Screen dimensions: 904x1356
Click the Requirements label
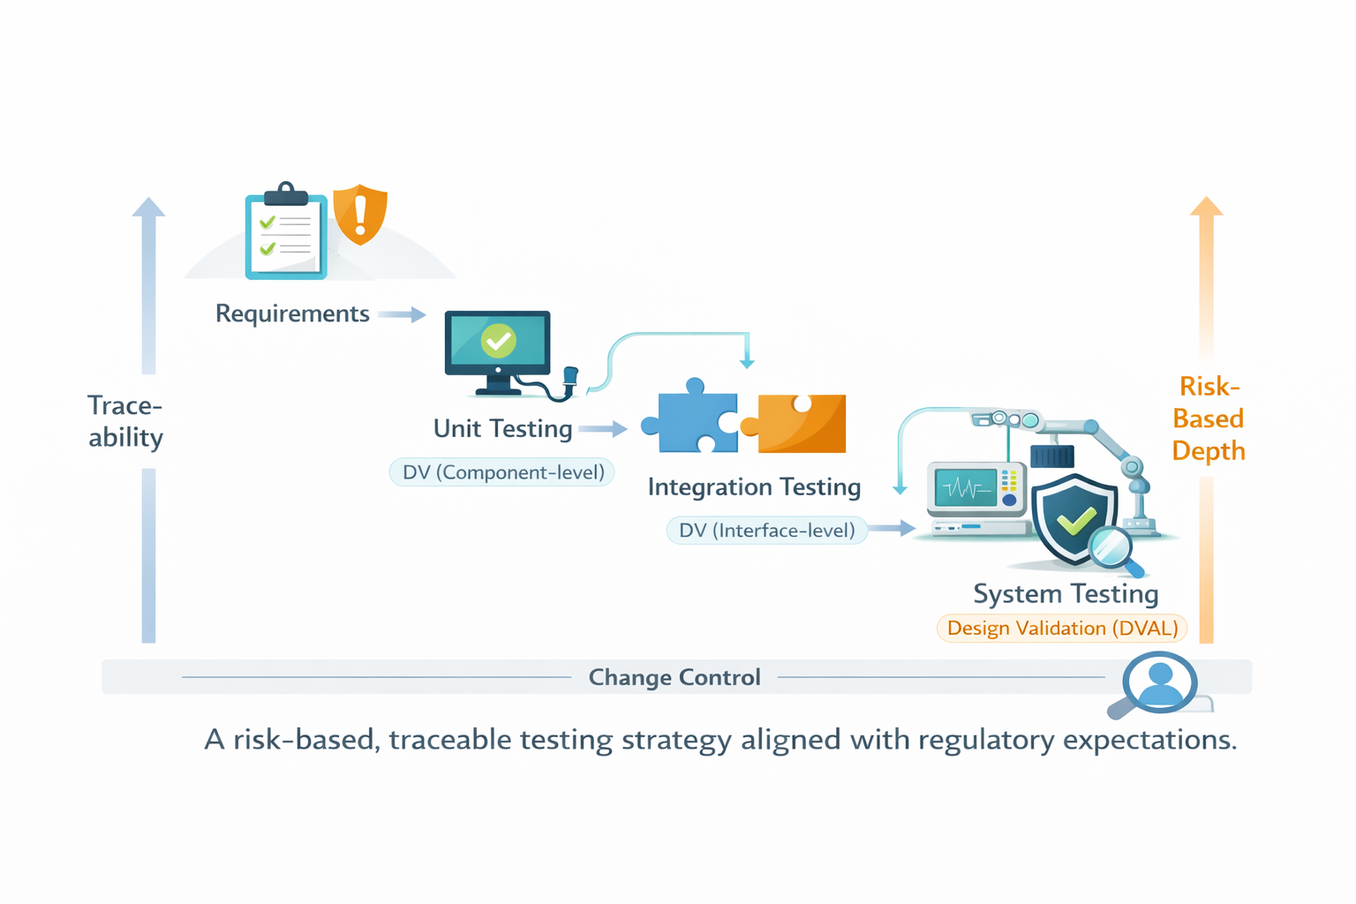click(292, 314)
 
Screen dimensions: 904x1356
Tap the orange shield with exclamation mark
click(360, 215)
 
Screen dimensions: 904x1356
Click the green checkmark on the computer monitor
click(498, 341)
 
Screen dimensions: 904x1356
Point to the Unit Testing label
click(502, 429)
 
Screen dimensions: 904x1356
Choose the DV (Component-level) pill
click(502, 472)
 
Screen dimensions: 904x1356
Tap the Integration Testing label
click(754, 487)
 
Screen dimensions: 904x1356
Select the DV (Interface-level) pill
click(766, 531)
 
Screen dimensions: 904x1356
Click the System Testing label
click(1066, 594)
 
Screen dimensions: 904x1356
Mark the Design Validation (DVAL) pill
click(1062, 629)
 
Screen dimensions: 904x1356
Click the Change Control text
click(674, 677)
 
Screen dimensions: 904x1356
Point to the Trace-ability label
click(125, 421)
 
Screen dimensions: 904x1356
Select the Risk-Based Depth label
click(1208, 418)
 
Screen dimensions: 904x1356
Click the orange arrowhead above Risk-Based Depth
click(1206, 207)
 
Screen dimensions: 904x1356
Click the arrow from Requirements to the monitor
click(403, 315)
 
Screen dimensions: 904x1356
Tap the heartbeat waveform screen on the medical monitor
click(965, 488)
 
